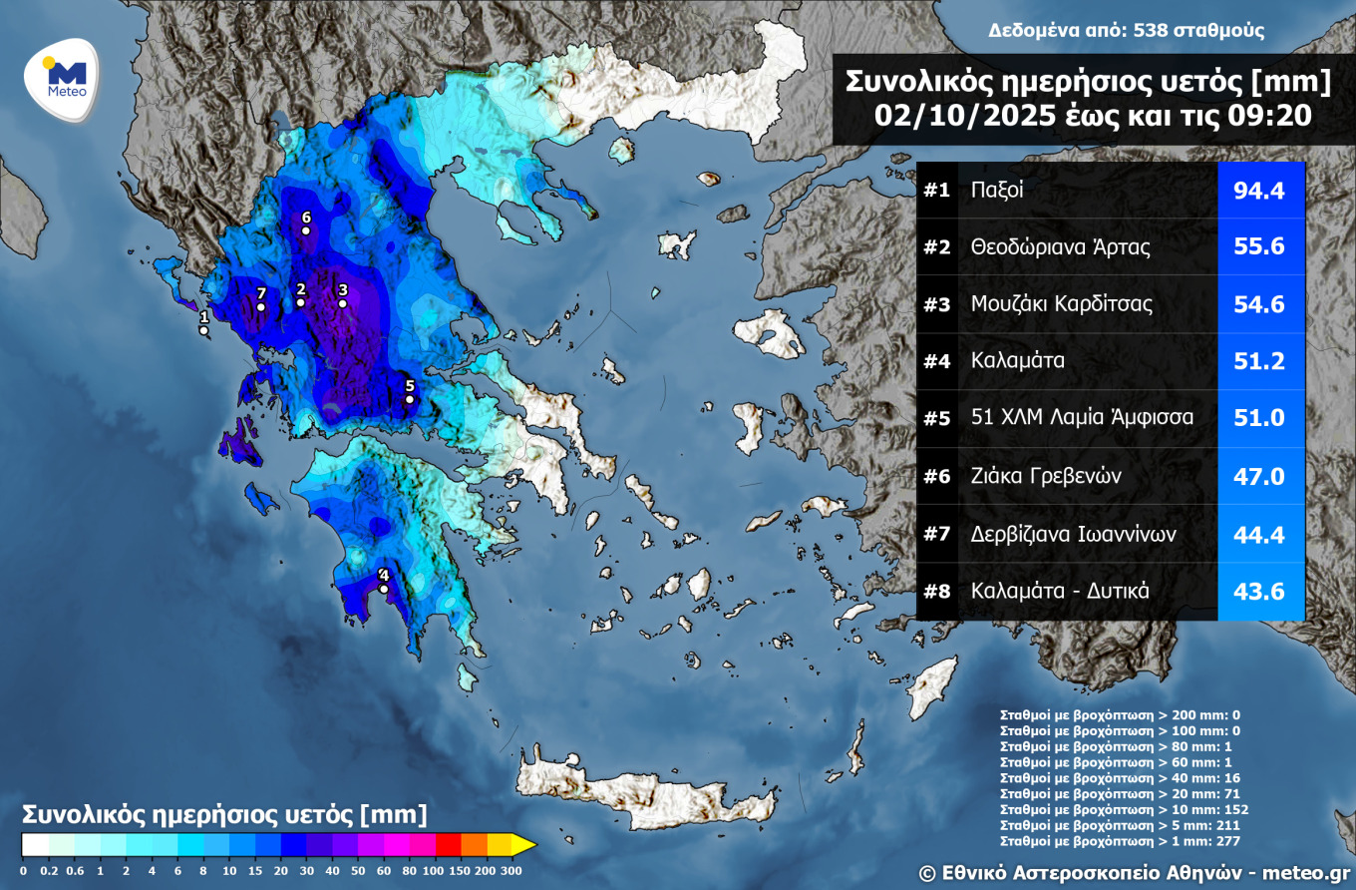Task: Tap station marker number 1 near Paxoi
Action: [x=203, y=329]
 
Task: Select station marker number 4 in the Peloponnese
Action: [x=384, y=589]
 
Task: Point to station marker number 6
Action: [x=306, y=230]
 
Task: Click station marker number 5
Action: [x=409, y=399]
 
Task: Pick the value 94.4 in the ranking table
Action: [x=1260, y=190]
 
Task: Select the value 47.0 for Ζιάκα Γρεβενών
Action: [x=1260, y=476]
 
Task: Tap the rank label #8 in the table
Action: [x=936, y=591]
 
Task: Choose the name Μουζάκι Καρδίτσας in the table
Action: [x=1061, y=304]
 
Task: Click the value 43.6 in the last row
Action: [x=1260, y=591]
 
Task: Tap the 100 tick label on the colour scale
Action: [x=434, y=870]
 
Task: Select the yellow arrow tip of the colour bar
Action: [x=525, y=845]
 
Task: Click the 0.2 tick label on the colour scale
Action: [x=48, y=870]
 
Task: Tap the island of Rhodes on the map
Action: [x=932, y=687]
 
